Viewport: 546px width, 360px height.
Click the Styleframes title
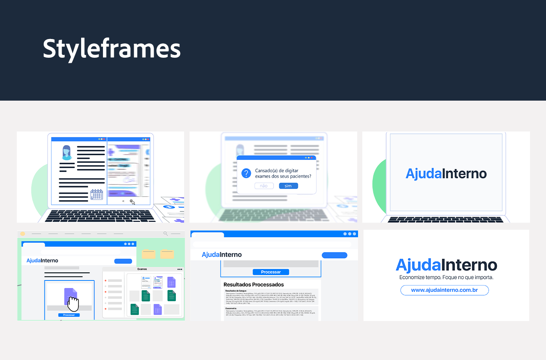tap(112, 49)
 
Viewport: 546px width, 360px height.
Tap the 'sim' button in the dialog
tap(288, 186)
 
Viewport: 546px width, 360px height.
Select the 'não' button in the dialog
tap(264, 186)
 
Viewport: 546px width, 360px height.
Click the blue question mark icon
tap(246, 173)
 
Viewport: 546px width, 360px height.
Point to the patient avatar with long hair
tap(67, 153)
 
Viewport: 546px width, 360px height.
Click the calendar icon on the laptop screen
tap(97, 195)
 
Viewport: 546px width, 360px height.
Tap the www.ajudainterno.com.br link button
tap(444, 290)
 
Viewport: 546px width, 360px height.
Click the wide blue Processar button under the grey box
tap(271, 272)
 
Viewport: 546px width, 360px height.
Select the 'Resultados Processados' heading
tap(253, 285)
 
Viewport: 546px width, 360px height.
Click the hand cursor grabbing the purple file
tap(73, 303)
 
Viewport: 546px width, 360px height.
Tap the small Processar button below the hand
tap(69, 315)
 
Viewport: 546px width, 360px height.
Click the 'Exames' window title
tap(142, 269)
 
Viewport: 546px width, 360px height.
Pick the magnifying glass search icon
tap(165, 234)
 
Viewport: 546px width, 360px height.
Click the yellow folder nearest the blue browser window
tap(149, 254)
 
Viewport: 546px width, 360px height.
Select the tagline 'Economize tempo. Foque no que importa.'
tap(446, 277)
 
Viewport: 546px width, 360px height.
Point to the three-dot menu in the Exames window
tap(179, 269)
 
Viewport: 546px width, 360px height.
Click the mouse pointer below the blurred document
tap(132, 202)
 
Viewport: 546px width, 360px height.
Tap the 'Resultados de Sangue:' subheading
tap(236, 291)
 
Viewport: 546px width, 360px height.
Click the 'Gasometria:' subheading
tap(231, 308)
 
